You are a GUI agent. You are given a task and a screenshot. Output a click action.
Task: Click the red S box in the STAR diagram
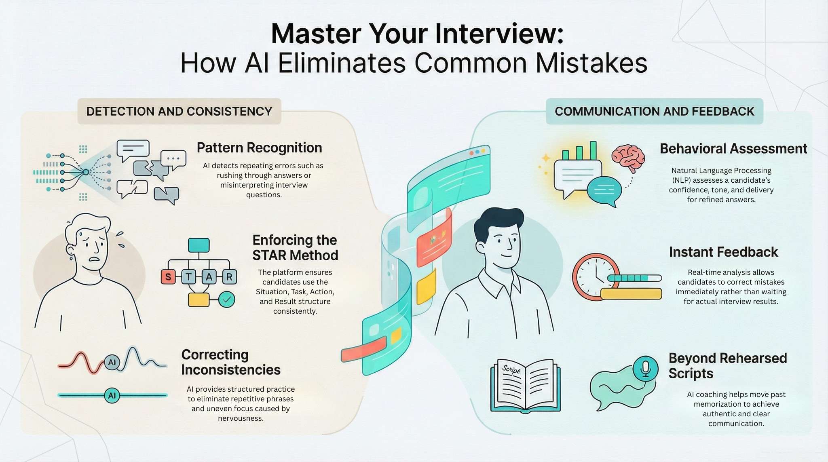pos(168,277)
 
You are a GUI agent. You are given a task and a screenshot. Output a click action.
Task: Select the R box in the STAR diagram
pos(229,277)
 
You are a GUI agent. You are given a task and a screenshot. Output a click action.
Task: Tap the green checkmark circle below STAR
pos(226,300)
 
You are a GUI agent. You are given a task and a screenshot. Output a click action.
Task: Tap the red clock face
pos(595,276)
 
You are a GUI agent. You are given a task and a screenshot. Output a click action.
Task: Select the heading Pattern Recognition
pos(259,148)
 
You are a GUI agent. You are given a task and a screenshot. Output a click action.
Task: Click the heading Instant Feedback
pos(723,252)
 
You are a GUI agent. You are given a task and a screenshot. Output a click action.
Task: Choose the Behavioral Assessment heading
pos(733,149)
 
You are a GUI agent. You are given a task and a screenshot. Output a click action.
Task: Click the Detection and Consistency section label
pos(179,111)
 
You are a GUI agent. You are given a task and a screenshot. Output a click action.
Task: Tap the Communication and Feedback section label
pos(654,111)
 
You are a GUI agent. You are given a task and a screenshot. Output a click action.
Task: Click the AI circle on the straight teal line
pos(112,395)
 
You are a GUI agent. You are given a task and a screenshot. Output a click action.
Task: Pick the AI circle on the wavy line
pos(112,362)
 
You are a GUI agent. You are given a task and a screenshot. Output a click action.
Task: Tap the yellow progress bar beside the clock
pos(631,294)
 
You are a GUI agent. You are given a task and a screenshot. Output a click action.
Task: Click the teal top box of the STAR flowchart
pos(199,245)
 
